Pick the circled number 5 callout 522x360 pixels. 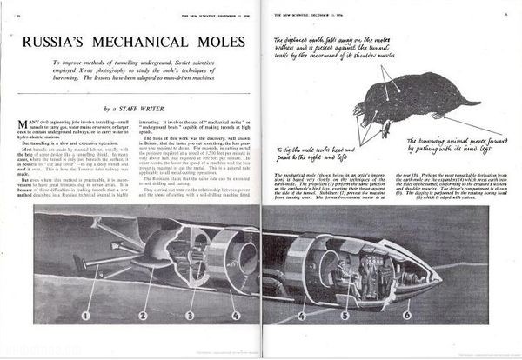pos(345,315)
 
